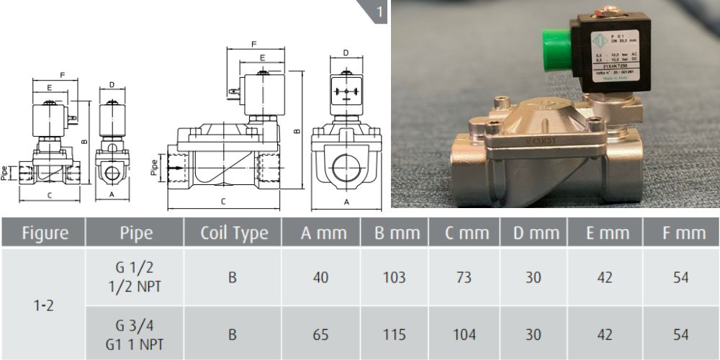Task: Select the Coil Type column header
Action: [x=233, y=233]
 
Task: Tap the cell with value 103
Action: [x=394, y=277]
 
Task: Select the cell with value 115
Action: [x=394, y=335]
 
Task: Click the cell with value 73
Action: [x=464, y=277]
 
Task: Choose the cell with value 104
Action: [x=464, y=335]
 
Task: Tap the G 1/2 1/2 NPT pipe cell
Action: [x=135, y=277]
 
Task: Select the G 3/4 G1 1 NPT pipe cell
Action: [x=135, y=335]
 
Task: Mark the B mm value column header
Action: [x=394, y=233]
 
